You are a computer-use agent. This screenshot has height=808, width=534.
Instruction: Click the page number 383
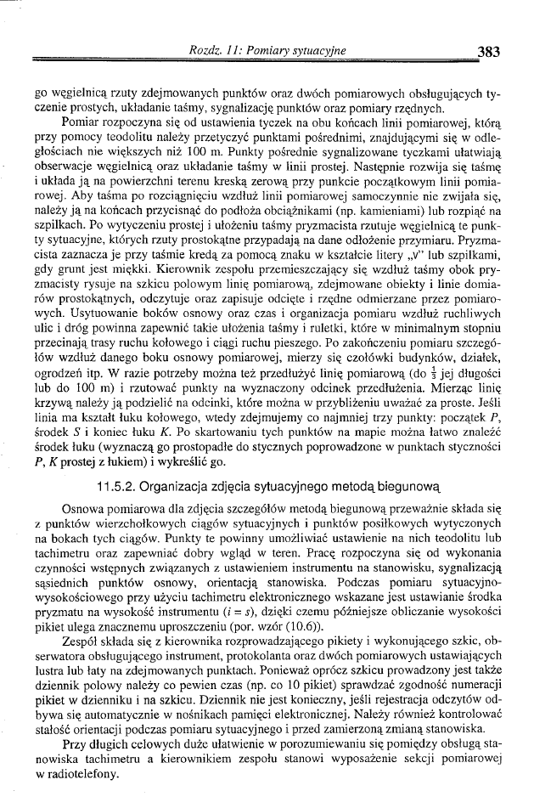pyautogui.click(x=488, y=51)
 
